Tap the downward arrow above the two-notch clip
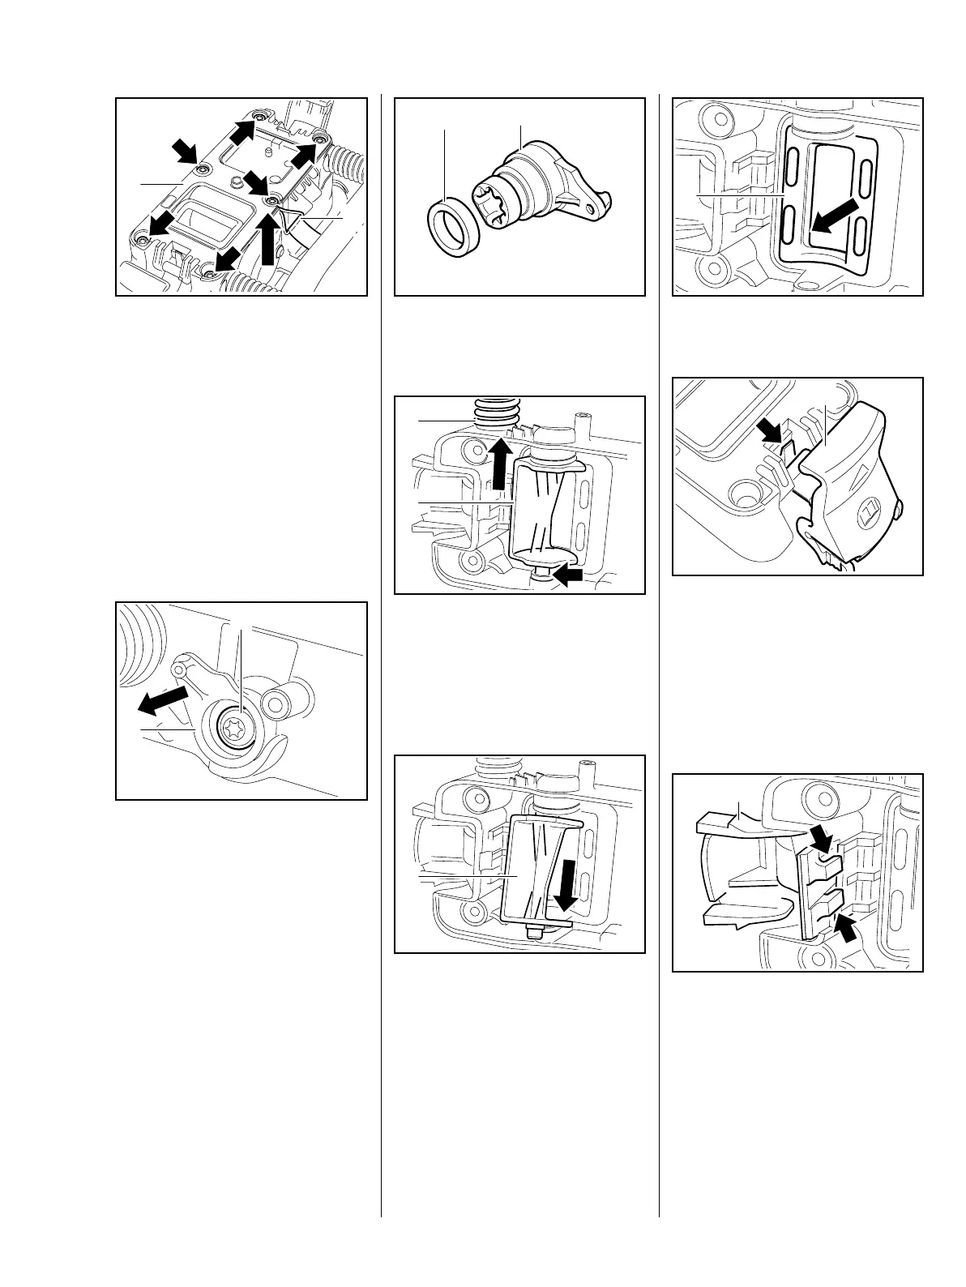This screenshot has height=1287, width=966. tap(822, 839)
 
